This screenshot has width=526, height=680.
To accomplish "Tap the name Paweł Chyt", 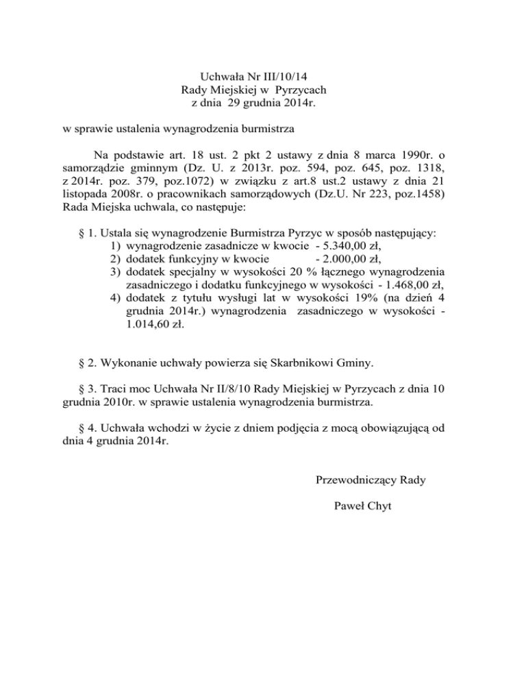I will [365, 506].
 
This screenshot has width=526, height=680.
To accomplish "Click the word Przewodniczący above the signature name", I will [355, 480].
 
